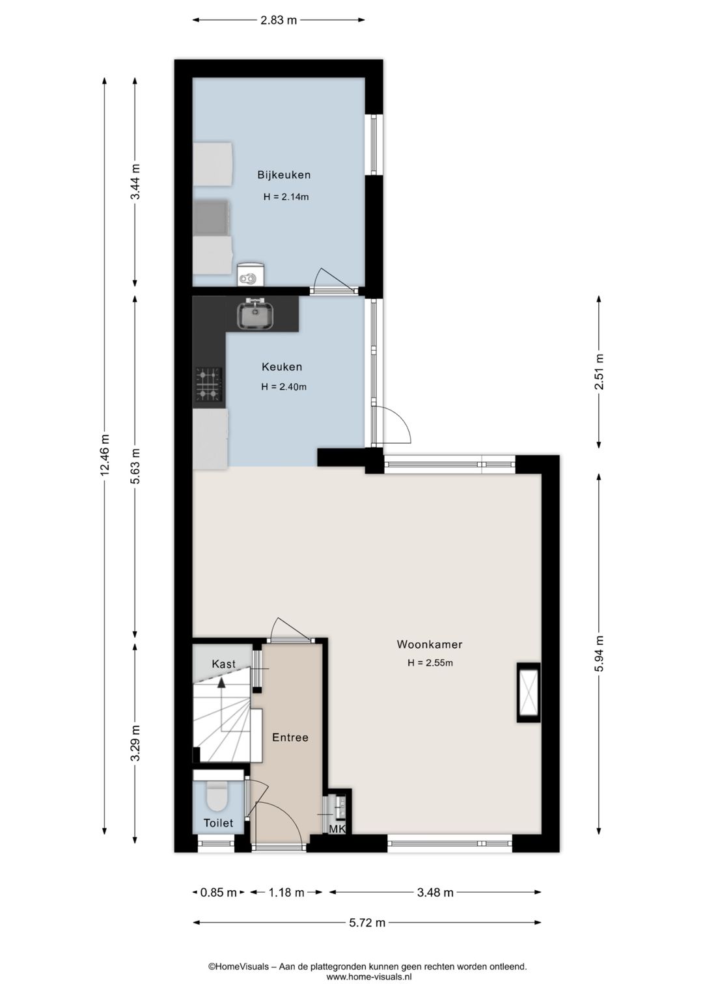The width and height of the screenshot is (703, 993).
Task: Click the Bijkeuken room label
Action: point(284,174)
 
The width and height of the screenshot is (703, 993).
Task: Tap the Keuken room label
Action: point(282,366)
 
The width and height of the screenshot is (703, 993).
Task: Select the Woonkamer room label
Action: point(430,644)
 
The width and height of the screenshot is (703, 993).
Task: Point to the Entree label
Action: point(290,737)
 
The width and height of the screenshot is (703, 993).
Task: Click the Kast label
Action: point(223,664)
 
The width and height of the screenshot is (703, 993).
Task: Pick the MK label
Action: point(338,830)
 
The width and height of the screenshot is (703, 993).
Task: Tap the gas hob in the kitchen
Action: point(209,384)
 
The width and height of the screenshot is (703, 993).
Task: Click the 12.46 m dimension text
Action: point(105,455)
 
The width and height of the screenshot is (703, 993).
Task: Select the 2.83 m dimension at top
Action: point(279,20)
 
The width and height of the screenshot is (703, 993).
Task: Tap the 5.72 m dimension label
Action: point(367,923)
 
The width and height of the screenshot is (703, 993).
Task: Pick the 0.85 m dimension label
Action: point(219,892)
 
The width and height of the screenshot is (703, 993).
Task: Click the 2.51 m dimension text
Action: point(600,372)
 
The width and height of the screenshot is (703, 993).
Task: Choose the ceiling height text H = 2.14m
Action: point(286,197)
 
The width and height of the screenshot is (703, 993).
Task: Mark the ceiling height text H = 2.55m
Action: point(430,663)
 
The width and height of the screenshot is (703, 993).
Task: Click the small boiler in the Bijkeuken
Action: point(250,275)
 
